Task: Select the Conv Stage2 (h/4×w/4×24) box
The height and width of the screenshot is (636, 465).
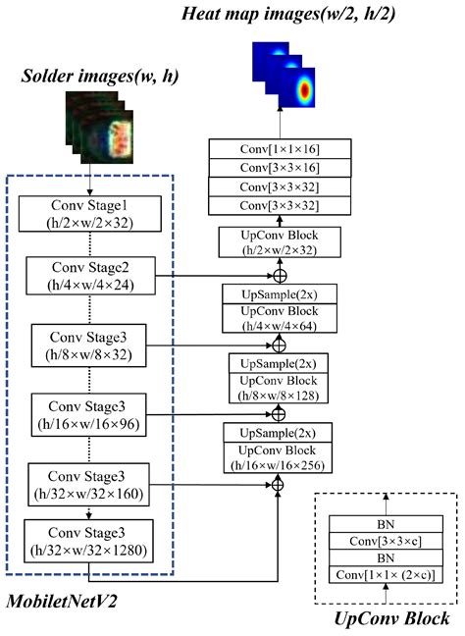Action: tap(89, 278)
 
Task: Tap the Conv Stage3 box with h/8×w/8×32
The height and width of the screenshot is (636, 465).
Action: tap(91, 344)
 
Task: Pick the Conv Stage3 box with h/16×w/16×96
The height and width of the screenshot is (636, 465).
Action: tap(90, 413)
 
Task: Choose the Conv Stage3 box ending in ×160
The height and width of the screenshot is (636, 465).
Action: tap(89, 484)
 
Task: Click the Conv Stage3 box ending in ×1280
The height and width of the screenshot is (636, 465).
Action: tap(89, 541)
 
